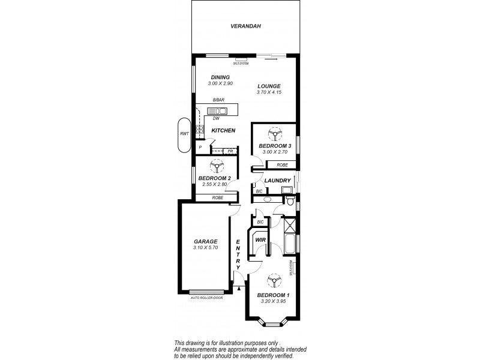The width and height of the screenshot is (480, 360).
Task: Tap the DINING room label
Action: tap(220, 77)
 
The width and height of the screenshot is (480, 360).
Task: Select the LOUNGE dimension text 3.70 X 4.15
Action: tap(269, 92)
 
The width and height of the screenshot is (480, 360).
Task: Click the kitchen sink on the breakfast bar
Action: tap(217, 110)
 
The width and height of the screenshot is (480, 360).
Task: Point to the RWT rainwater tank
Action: tap(184, 134)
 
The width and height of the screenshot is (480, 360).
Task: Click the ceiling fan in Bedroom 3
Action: tap(275, 134)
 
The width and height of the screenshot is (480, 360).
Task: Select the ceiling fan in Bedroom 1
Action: tap(274, 282)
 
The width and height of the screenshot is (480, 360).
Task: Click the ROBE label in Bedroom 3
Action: tap(281, 164)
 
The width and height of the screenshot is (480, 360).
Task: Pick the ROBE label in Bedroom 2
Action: tap(217, 197)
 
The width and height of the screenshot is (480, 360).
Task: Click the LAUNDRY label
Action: tap(278, 181)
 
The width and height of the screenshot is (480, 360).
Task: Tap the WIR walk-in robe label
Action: tap(260, 240)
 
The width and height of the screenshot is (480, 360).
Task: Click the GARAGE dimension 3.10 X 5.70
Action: tap(205, 248)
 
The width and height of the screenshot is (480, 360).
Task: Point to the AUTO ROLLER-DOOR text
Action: tap(206, 298)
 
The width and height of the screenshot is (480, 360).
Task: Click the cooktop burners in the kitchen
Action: tap(199, 128)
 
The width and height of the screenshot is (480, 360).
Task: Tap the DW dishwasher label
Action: tap(215, 119)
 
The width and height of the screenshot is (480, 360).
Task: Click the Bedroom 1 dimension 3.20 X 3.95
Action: tap(273, 301)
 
